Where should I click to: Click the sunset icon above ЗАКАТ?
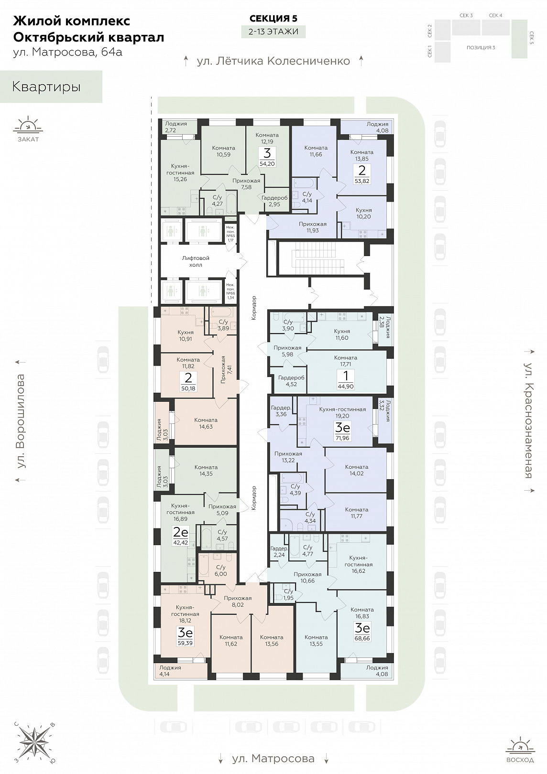tap(28, 126)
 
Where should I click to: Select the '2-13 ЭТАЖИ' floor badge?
tap(273, 32)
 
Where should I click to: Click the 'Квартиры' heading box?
tap(51, 87)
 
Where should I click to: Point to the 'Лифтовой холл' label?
tap(196, 261)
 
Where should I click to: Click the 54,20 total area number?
tap(267, 164)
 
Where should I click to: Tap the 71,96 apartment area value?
tap(343, 438)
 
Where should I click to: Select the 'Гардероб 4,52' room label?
tap(291, 380)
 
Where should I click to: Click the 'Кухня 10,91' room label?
tap(186, 335)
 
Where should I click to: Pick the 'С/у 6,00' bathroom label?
tap(220, 570)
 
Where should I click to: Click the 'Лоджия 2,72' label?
tap(175, 127)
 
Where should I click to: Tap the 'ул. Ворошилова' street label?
tap(21, 421)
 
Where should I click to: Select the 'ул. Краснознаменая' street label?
tap(528, 420)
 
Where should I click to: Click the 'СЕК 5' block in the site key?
tap(519, 38)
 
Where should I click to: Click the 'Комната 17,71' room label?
tap(346, 361)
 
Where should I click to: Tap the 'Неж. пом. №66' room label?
tap(230, 291)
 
